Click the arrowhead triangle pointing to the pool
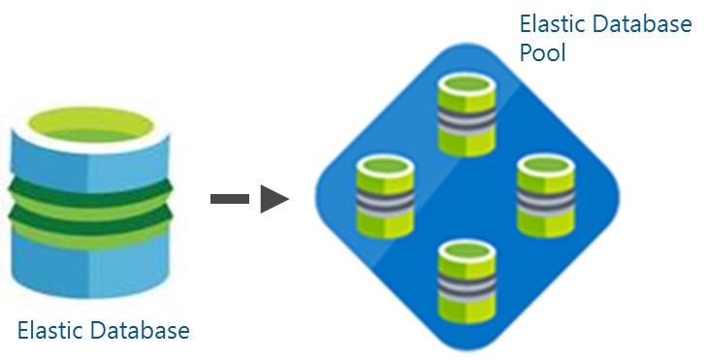273,199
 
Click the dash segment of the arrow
230,199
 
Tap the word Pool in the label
542,52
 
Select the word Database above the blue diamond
642,23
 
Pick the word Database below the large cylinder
140,330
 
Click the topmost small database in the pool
466,115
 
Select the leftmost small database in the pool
385,196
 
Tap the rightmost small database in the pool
546,196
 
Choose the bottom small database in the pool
466,281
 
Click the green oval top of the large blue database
90,125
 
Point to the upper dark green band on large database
90,193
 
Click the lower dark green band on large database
90,219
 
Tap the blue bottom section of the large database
90,266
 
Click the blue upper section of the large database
90,162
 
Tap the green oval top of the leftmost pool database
385,166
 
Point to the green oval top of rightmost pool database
546,166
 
